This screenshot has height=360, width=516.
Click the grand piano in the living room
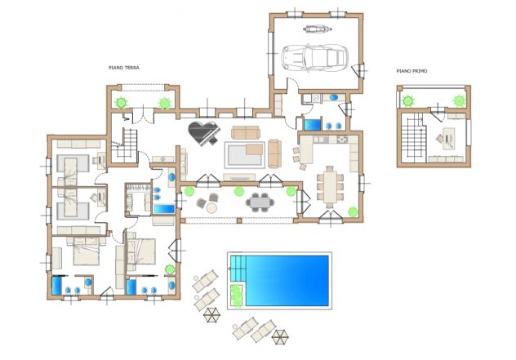(x=202, y=132)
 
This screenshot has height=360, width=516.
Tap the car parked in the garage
(x=314, y=58)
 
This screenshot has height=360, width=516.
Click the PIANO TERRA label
(x=124, y=68)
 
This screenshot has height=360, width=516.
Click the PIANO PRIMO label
(x=411, y=71)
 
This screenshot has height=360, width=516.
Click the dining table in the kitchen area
(x=330, y=186)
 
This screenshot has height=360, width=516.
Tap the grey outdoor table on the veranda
(x=260, y=202)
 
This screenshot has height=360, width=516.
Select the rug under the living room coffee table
(x=244, y=154)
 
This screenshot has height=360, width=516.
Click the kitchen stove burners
(x=342, y=140)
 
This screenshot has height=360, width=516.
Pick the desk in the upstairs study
(x=448, y=138)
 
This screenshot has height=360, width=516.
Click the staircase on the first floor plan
(x=413, y=137)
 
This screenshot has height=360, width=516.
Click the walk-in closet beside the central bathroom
(x=138, y=199)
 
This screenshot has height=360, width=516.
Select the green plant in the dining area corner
(x=353, y=211)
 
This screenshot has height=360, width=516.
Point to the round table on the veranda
(x=211, y=207)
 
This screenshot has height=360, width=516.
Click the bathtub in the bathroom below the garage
(x=312, y=124)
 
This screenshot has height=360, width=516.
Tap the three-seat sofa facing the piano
(x=246, y=132)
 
